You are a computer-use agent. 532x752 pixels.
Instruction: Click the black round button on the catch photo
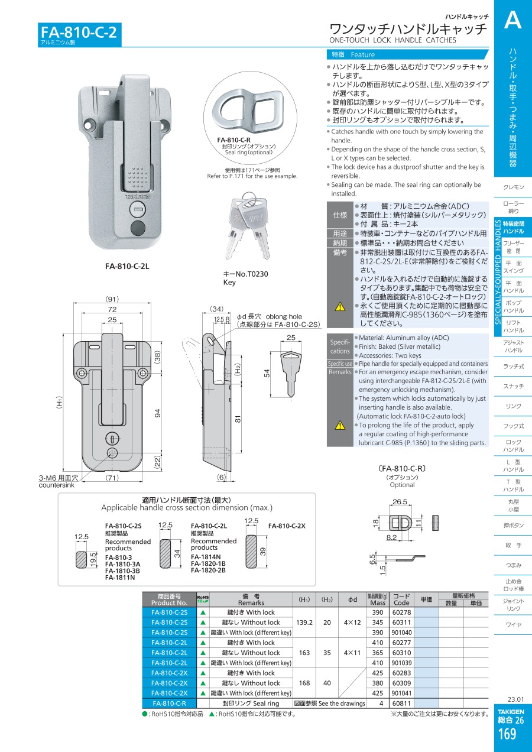pyautogui.click(x=137, y=229)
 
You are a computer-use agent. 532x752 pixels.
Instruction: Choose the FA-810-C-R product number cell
pyautogui.click(x=169, y=704)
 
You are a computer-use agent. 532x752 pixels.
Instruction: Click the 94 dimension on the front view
pyautogui.click(x=158, y=413)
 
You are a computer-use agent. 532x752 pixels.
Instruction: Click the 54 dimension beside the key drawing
pyautogui.click(x=267, y=373)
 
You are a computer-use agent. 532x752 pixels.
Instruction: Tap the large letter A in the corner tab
pyautogui.click(x=512, y=21)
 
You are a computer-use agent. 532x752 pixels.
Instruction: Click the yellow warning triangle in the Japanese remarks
pyautogui.click(x=340, y=306)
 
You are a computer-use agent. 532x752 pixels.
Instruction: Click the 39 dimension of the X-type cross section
pyautogui.click(x=264, y=551)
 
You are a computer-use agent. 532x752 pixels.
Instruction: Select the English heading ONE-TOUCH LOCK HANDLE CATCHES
pyautogui.click(x=392, y=41)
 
